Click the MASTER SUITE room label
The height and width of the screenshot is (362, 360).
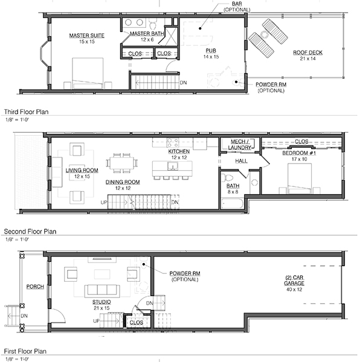click(x=86, y=36)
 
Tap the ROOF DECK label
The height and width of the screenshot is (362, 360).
click(x=307, y=52)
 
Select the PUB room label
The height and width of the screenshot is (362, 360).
click(x=211, y=51)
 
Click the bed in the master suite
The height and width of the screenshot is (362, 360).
click(x=88, y=73)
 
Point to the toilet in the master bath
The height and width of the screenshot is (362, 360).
click(x=153, y=24)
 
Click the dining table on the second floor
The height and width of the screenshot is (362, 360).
click(x=122, y=163)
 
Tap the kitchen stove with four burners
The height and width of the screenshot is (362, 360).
click(x=173, y=142)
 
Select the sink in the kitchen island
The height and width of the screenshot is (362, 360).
click(x=173, y=166)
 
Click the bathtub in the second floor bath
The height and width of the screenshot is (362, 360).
click(x=232, y=204)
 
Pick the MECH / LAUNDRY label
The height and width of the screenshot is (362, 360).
click(x=240, y=145)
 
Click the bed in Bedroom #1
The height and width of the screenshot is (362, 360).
click(x=300, y=179)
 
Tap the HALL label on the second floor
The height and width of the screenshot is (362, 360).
click(x=241, y=161)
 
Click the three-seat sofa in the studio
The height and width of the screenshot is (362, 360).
click(x=102, y=290)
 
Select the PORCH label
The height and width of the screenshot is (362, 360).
click(x=35, y=287)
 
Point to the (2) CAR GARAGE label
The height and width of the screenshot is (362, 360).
click(x=294, y=281)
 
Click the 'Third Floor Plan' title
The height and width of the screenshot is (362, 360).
click(x=26, y=112)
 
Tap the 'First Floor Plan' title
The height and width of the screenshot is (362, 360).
click(x=25, y=351)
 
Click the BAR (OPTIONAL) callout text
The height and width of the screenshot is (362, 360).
click(x=237, y=7)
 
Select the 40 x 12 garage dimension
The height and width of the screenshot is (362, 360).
click(x=294, y=290)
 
